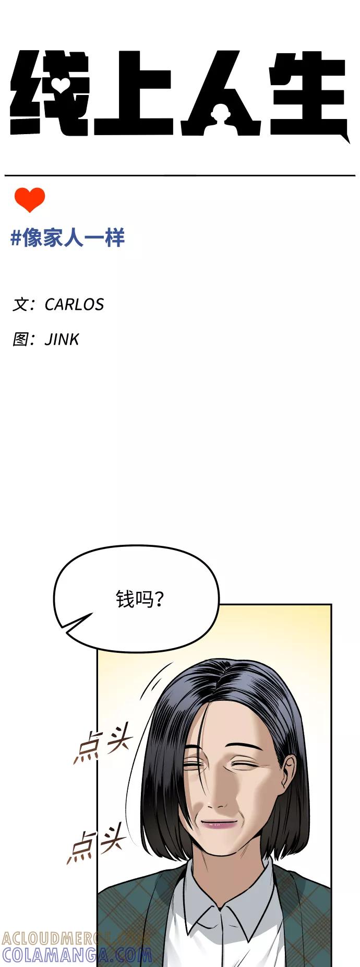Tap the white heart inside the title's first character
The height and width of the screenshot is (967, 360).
click(61, 85)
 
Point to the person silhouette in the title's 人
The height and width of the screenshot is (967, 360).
click(221, 115)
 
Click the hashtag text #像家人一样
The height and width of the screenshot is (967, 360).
click(68, 238)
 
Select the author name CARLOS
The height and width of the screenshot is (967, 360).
click(74, 304)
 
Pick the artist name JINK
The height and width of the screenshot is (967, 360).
click(62, 339)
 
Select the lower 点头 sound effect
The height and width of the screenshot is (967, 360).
click(97, 842)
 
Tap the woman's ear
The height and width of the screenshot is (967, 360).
click(290, 774)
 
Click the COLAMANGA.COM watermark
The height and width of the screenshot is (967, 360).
click(77, 954)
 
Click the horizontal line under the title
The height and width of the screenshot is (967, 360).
click(180, 175)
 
